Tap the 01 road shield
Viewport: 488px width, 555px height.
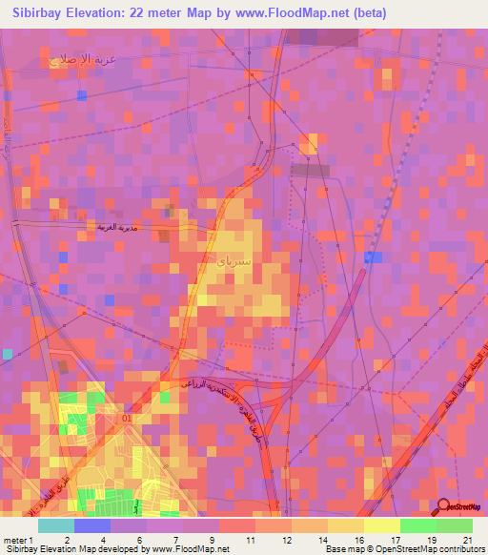(129, 418)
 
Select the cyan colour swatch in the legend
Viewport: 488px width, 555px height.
(56, 524)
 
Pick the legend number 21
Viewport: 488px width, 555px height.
(467, 540)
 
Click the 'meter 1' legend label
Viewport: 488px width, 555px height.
(18, 540)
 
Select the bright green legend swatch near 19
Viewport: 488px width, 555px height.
(417, 524)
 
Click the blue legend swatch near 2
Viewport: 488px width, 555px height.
(92, 524)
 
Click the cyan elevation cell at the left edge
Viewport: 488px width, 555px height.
(7, 354)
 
